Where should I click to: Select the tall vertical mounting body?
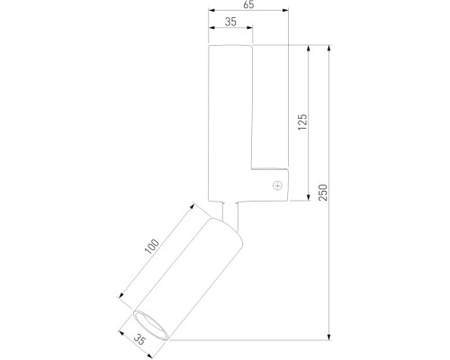(x=229, y=117)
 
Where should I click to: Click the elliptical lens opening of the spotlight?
(x=150, y=325)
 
